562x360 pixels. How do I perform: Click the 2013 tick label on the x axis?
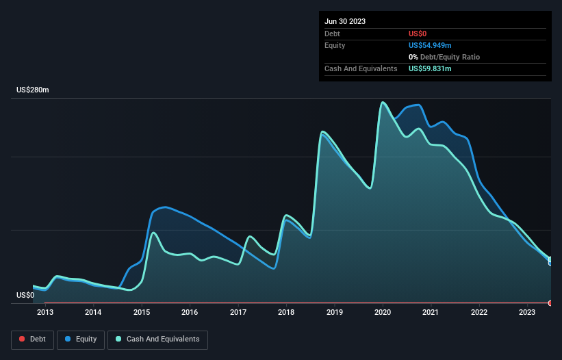point(45,313)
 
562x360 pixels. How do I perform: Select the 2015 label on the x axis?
point(142,313)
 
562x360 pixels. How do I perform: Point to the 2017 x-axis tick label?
point(238,313)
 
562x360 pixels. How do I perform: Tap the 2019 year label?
point(335,313)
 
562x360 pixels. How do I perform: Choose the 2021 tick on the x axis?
point(431,313)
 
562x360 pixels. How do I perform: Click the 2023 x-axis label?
point(528,313)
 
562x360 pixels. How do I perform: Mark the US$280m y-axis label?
point(34,90)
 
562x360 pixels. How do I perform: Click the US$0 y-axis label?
point(25,295)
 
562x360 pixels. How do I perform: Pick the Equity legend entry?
point(81,339)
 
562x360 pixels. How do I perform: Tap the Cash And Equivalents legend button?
point(157,339)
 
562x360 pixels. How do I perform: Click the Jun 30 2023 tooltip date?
point(345,21)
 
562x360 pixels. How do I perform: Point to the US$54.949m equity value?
point(430,45)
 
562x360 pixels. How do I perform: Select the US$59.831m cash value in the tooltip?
point(430,68)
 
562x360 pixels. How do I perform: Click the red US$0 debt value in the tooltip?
point(418,34)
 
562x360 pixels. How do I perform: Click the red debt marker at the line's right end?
point(550,303)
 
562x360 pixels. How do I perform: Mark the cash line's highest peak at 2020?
point(383,103)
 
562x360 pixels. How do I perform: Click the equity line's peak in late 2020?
point(418,105)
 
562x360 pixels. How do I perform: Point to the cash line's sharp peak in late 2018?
point(322,131)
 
